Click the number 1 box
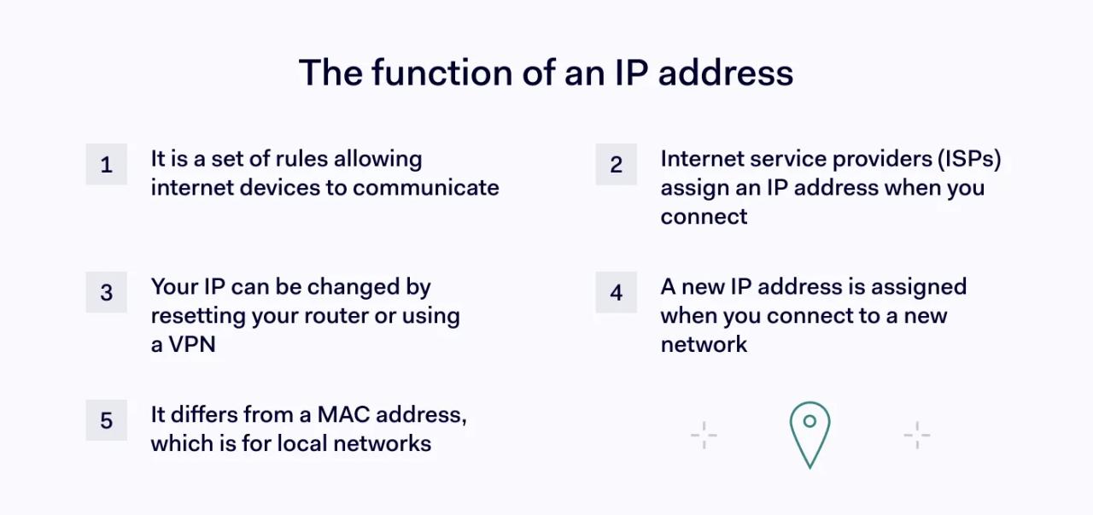coord(106,164)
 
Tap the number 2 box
coord(616,164)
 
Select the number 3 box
coord(106,293)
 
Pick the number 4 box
coord(616,293)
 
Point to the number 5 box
coord(106,420)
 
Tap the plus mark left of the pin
coord(704,435)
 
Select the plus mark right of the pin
coord(916,435)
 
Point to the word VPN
coord(192,344)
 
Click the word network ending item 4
coord(704,344)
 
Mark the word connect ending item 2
coord(704,216)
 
